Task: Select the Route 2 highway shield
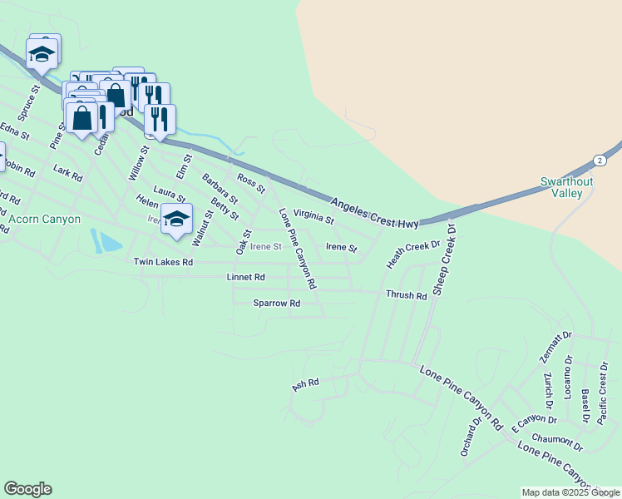coord(598,161)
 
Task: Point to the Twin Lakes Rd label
coord(163,262)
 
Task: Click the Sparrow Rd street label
coord(276,304)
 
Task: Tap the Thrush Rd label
coord(406,295)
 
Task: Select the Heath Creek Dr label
coord(412,254)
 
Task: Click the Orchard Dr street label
coord(471,435)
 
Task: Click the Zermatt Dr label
coord(546,349)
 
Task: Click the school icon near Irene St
coord(176,220)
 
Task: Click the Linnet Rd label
coord(245,277)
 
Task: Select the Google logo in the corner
coord(27,489)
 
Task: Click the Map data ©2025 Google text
coord(570,492)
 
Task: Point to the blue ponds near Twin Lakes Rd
coord(106,241)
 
